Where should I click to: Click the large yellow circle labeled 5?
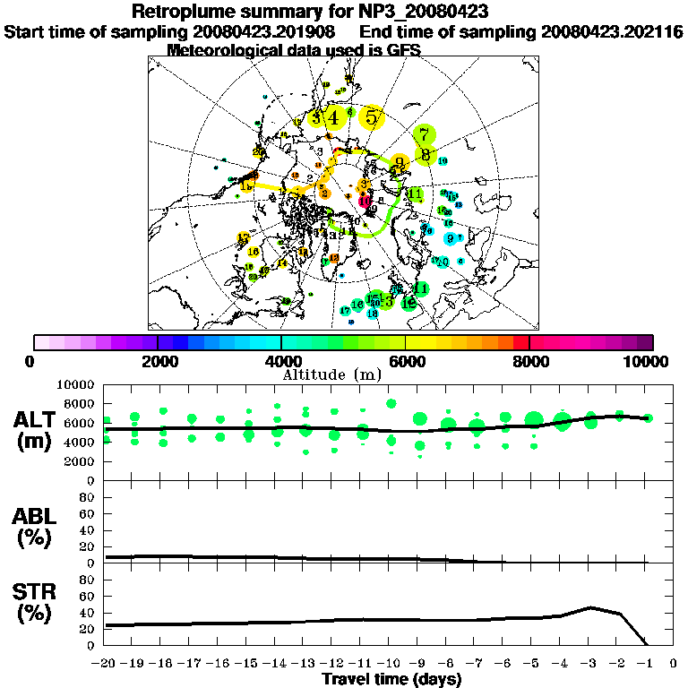(x=371, y=116)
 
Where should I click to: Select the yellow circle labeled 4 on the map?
(x=333, y=117)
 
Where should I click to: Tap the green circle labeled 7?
(x=425, y=135)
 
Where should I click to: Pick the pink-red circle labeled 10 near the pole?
(x=365, y=201)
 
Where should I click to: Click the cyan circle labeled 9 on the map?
(x=450, y=238)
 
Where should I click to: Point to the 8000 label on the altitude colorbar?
(x=529, y=361)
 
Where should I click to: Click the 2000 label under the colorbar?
(x=158, y=361)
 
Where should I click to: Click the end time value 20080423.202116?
(x=612, y=31)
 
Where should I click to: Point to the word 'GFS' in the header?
(x=402, y=50)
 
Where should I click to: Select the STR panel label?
(x=36, y=602)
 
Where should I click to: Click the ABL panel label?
(x=36, y=525)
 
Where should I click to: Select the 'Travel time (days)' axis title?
(x=391, y=680)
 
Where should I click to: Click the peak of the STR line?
(x=590, y=606)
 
